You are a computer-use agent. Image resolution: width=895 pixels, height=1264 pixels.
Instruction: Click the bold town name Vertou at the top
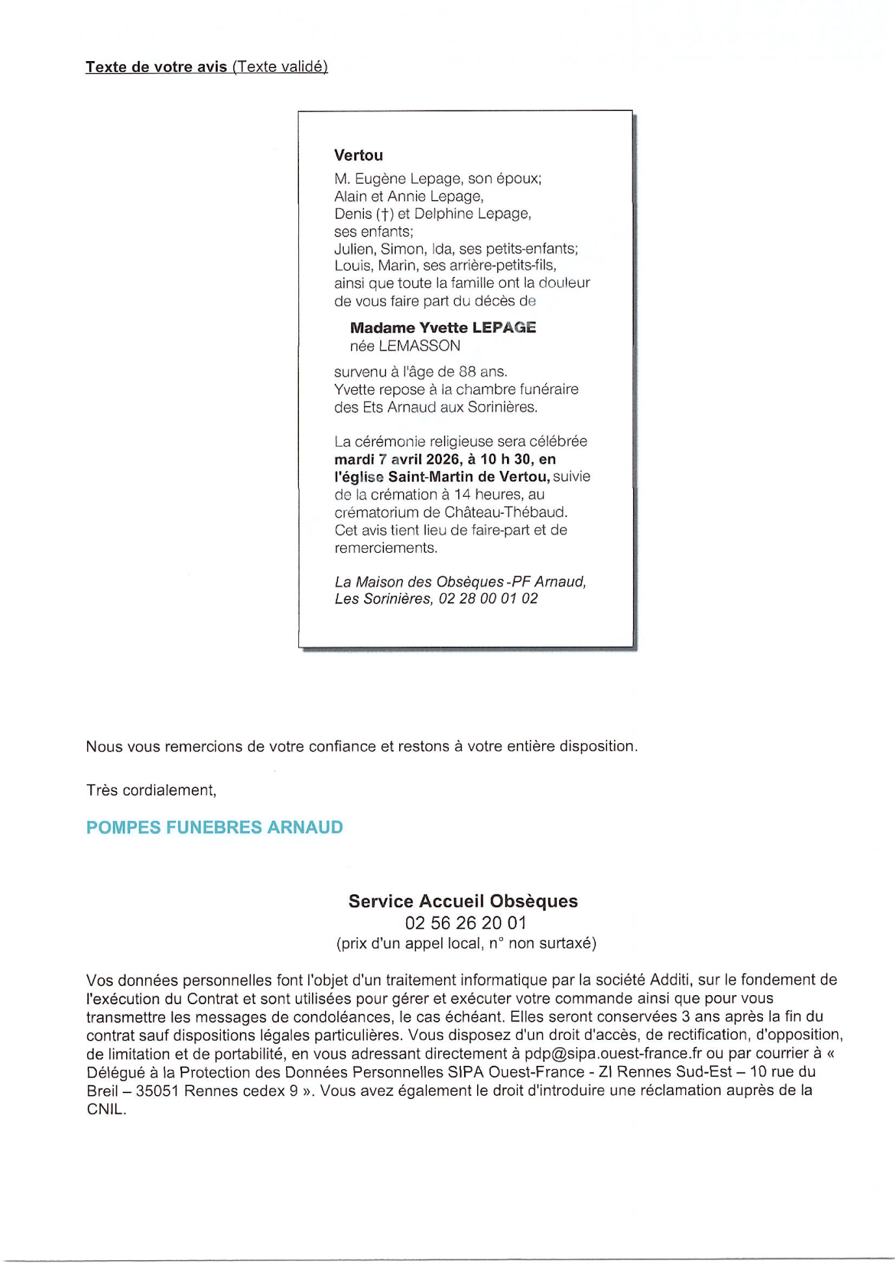point(358,155)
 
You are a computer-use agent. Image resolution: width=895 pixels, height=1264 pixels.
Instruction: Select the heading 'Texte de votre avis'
point(156,67)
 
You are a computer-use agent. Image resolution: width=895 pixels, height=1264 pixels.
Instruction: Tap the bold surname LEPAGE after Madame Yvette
point(504,327)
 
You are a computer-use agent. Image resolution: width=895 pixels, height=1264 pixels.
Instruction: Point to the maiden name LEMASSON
point(419,346)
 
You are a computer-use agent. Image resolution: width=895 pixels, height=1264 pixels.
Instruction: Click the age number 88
point(467,372)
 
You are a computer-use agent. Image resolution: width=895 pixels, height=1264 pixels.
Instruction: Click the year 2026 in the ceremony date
point(442,459)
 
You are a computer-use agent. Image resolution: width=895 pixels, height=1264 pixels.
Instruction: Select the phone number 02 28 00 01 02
point(488,598)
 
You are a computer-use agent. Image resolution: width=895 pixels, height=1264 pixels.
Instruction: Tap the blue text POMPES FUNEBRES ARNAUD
point(214,828)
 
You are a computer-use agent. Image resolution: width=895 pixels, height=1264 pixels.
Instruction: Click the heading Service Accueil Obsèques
point(463,901)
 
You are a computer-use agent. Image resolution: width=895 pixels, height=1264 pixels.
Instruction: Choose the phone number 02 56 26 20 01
point(465,922)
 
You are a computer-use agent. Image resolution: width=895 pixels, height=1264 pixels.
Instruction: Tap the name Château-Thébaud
point(505,512)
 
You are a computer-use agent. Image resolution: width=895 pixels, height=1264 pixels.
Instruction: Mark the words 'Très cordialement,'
point(151,790)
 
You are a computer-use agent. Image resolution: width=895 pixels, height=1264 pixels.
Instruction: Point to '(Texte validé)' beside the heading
point(280,67)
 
